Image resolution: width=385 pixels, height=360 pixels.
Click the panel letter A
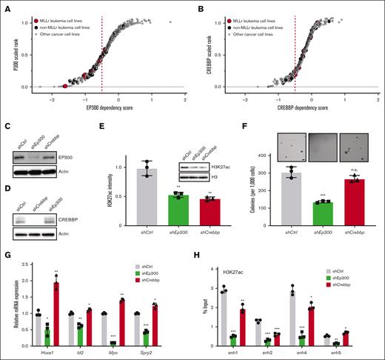click(x=5, y=7)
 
